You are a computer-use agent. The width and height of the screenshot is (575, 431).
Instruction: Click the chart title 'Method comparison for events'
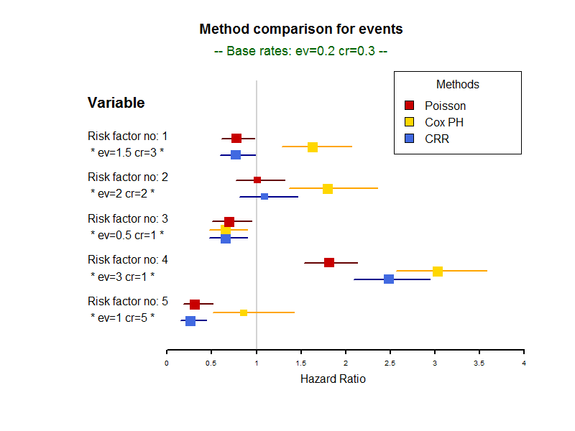300,29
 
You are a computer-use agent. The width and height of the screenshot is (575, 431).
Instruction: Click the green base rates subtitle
300,52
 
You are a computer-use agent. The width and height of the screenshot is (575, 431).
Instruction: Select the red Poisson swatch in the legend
410,106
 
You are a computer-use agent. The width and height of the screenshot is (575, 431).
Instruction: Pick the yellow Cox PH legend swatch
410,122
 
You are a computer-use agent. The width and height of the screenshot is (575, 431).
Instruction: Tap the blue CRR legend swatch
410,139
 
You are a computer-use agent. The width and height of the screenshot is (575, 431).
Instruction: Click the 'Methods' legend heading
457,85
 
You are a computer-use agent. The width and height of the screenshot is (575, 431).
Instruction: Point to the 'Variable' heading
116,103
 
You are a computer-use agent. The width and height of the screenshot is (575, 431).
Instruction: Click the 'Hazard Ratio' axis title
333,379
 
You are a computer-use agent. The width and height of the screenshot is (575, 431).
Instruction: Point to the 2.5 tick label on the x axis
390,363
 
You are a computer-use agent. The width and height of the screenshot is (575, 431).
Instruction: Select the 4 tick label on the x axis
524,363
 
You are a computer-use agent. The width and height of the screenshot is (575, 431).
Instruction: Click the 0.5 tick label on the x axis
211,363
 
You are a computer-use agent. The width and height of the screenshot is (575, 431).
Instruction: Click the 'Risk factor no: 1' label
128,136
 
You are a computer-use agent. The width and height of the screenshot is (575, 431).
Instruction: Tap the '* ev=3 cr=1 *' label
123,276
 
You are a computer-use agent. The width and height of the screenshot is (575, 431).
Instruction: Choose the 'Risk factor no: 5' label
128,301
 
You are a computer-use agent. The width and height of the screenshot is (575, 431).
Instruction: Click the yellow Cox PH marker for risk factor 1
313,147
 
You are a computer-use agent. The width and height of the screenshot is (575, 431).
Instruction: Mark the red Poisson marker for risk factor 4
329,262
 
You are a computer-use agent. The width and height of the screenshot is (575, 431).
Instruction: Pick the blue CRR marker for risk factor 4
389,279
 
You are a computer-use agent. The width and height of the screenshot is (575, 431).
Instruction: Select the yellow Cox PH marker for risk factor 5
244,312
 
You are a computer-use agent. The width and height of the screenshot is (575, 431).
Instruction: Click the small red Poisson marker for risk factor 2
257,180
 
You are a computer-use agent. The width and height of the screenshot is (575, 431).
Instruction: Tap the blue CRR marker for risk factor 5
190,320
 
